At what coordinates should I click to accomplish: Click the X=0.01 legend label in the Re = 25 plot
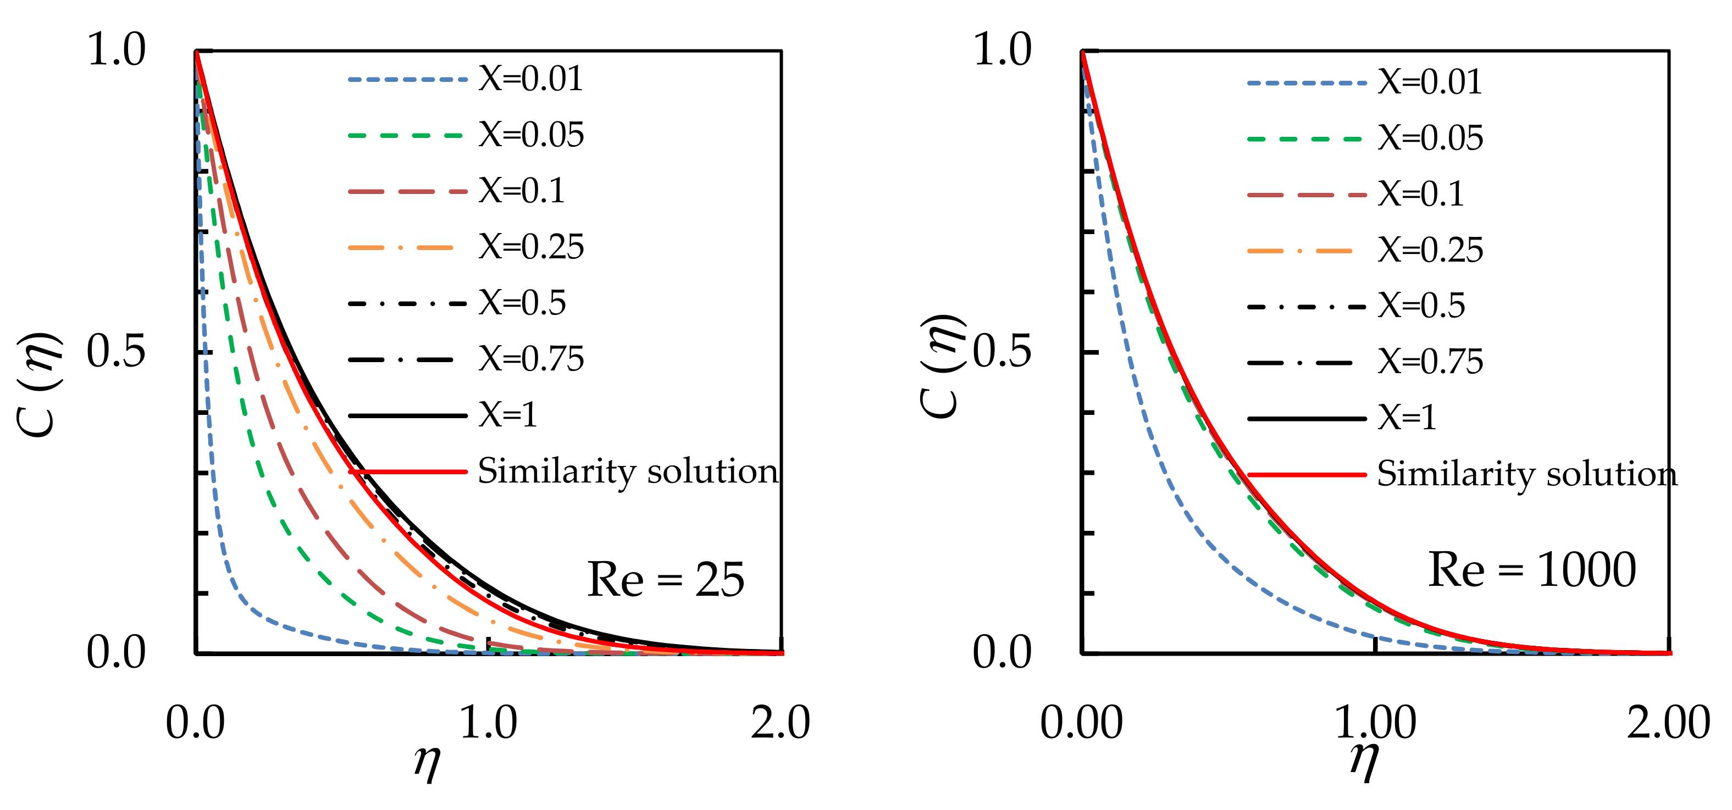530,79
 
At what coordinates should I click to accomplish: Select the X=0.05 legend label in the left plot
531,135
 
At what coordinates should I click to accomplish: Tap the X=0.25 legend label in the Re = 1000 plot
1430,251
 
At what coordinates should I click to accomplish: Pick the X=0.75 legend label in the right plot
1430,362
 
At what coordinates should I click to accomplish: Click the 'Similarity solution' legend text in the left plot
628,471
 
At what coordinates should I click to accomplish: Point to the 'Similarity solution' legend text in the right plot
1527,475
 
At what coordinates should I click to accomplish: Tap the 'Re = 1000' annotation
1531,570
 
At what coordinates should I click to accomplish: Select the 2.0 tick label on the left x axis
780,724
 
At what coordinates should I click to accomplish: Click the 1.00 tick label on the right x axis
1375,724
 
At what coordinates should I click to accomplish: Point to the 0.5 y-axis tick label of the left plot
115,352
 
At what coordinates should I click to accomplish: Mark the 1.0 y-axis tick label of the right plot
1002,51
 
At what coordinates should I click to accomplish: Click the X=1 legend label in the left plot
508,415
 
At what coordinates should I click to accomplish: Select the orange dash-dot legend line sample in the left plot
401,248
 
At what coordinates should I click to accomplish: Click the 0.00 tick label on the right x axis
1081,724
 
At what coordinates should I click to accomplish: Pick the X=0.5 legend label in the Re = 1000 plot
1421,307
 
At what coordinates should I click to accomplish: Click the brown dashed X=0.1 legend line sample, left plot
407,192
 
